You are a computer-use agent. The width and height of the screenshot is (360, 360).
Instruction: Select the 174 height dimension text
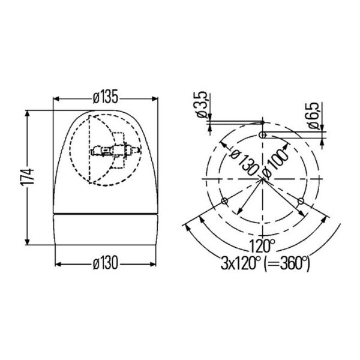(x=28, y=176)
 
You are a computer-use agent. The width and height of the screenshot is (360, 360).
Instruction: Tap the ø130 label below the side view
(x=106, y=263)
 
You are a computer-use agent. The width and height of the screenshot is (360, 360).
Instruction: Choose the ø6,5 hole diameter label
(x=314, y=115)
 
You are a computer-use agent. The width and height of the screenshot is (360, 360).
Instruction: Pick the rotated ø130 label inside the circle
(x=245, y=163)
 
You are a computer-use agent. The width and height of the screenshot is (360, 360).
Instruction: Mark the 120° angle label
(x=262, y=245)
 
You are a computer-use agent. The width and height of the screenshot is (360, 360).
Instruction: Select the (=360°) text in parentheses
(x=287, y=263)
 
